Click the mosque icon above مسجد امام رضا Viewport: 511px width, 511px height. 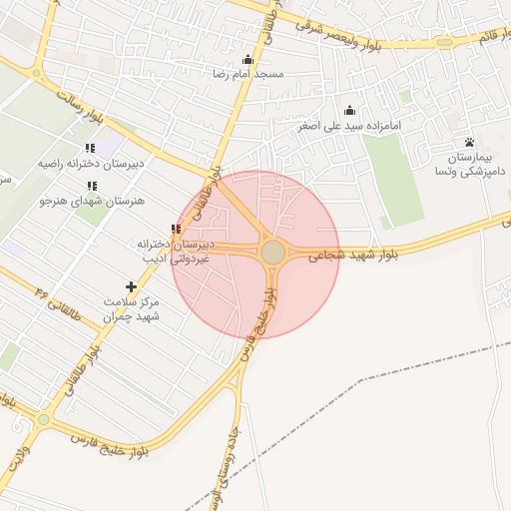248,59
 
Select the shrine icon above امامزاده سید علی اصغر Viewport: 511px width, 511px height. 349,111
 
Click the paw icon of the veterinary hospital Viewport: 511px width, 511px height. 469,142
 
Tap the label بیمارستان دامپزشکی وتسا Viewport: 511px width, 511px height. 470,165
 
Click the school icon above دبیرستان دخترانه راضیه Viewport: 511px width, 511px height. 92,147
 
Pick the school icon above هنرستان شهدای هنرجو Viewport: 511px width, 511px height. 92,186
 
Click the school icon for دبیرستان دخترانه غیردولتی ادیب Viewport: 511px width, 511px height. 176,230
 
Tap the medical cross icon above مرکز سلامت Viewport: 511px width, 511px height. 132,286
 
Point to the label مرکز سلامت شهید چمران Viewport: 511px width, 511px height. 132,308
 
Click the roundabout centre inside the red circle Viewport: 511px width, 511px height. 272,253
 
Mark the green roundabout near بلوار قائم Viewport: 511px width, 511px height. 443,42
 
